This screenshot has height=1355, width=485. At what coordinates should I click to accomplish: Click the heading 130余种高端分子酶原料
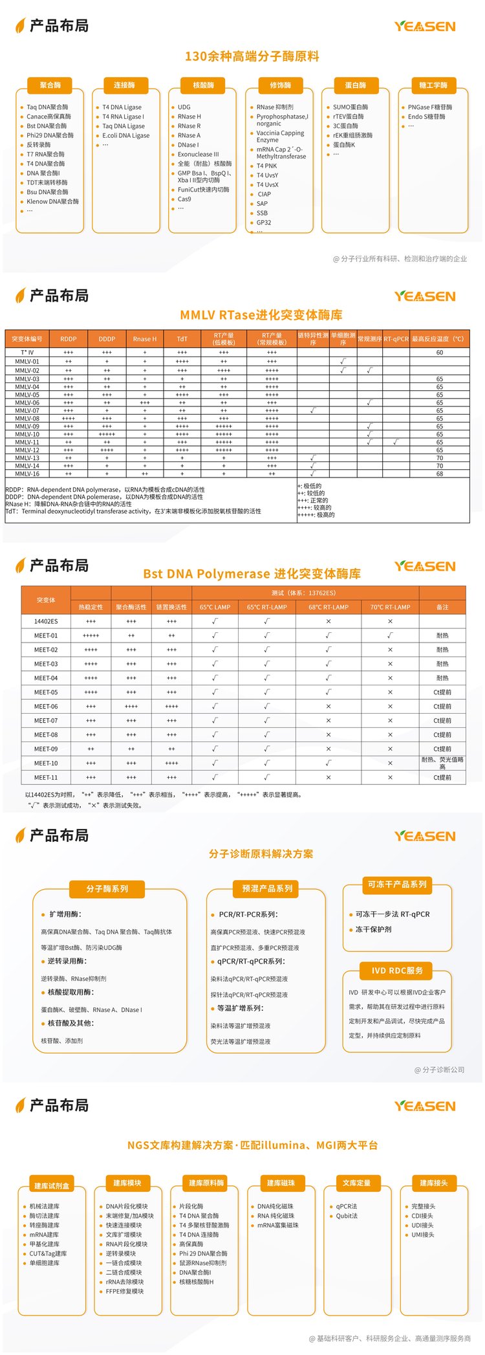click(x=252, y=56)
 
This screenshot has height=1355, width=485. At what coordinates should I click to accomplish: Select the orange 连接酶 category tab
click(x=124, y=85)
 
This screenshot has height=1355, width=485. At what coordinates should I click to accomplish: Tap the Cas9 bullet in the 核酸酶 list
click(x=184, y=199)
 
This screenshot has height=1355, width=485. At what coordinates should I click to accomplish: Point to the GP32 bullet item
click(x=263, y=223)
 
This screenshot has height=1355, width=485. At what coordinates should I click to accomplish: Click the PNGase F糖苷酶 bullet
click(x=429, y=107)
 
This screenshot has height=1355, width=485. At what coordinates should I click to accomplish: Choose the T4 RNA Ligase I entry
click(x=123, y=117)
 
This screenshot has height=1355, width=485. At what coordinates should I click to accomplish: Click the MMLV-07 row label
click(x=27, y=410)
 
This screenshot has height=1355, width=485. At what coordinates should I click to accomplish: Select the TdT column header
click(x=182, y=339)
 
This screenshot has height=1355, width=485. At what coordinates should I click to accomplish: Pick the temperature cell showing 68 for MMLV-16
click(x=439, y=474)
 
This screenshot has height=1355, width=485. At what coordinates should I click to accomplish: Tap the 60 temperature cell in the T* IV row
click(x=439, y=353)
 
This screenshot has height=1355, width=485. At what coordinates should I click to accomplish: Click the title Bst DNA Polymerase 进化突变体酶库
click(x=252, y=574)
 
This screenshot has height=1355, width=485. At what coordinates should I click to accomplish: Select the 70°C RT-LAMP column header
click(x=390, y=607)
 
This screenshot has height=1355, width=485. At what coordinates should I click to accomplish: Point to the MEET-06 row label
click(x=46, y=707)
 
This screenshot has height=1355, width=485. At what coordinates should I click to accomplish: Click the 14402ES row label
click(x=46, y=621)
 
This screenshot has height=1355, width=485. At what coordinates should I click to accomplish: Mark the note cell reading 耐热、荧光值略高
click(x=442, y=763)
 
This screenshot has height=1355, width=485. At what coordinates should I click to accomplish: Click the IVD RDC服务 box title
click(x=397, y=971)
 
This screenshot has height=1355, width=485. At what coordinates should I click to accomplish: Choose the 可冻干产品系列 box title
click(x=397, y=885)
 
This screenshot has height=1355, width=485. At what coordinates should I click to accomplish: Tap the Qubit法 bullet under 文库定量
click(x=347, y=1216)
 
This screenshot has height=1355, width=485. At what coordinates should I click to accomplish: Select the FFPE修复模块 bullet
click(x=125, y=1291)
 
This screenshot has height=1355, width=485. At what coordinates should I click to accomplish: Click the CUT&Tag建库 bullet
click(x=48, y=1253)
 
